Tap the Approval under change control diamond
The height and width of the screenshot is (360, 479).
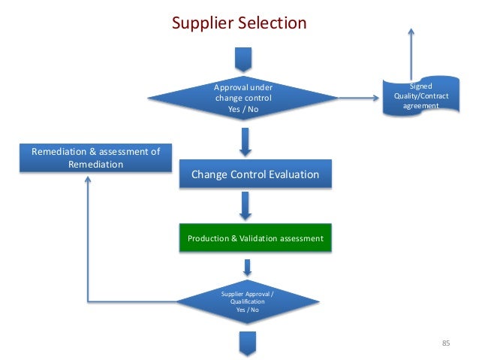click(243, 98)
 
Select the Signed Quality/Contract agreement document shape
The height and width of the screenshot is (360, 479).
click(411, 96)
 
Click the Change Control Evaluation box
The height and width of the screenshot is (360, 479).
click(255, 175)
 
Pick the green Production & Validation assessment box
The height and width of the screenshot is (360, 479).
click(255, 238)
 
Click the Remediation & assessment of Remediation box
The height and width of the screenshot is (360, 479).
click(95, 158)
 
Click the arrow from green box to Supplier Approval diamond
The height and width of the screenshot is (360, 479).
click(247, 266)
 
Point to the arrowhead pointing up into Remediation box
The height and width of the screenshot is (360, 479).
click(89, 180)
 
